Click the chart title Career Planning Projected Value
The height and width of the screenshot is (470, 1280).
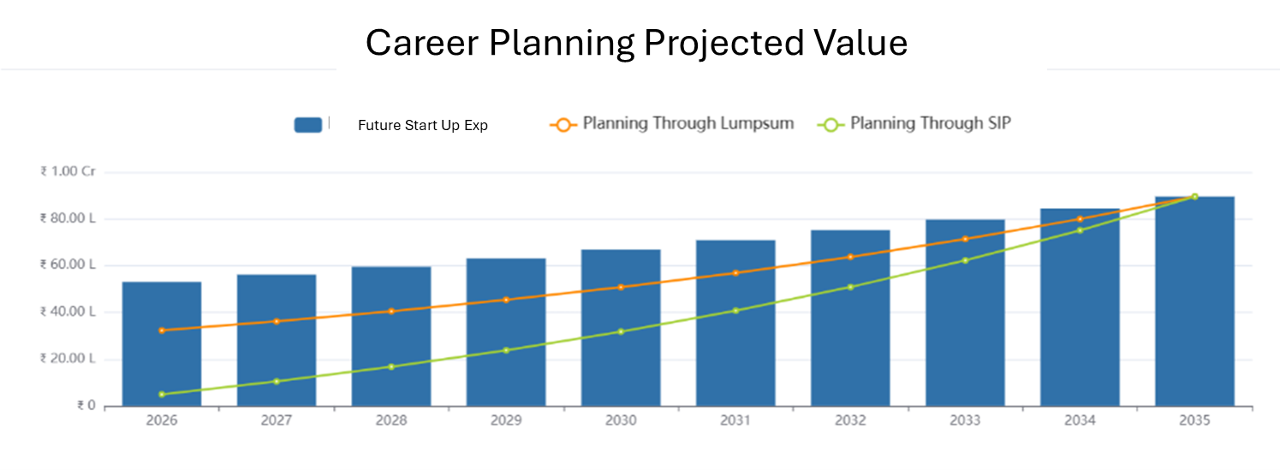coord(636,43)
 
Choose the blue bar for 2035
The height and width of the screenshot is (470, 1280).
coord(1194,300)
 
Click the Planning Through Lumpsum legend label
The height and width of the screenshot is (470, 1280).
coord(688,123)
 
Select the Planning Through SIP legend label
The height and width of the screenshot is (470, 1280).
coord(930,123)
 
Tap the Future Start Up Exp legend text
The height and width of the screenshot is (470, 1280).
coord(423,125)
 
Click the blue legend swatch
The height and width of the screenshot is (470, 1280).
coord(308,124)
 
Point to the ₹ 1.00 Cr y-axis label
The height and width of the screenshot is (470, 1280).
coord(68,172)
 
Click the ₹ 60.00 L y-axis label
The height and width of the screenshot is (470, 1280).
coord(68,265)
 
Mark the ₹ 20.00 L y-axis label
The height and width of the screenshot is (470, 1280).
coord(68,359)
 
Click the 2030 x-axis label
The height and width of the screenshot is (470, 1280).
coord(621,421)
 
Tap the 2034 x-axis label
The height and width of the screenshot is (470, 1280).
coord(1080,421)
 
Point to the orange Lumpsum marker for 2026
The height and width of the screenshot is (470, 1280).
coord(162,330)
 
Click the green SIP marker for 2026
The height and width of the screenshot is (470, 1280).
coord(162,395)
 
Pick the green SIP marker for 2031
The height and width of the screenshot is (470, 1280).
coord(735,310)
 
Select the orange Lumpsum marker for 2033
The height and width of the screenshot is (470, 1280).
coord(965,239)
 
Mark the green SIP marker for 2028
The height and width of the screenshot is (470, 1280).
coord(391,366)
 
